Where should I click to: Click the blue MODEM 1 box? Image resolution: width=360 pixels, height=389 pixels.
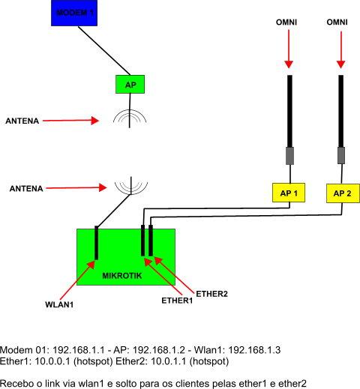pos(74,13)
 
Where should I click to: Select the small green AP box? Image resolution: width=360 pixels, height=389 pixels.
pos(130,85)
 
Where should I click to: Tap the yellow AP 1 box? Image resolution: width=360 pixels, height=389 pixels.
pos(289,193)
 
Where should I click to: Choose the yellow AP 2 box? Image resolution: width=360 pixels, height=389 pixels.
pos(343,193)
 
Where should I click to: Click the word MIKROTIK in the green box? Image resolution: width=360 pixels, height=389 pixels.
pos(122,276)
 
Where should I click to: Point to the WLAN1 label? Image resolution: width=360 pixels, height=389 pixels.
pos(59,304)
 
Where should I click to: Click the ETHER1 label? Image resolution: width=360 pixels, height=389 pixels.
pos(177,301)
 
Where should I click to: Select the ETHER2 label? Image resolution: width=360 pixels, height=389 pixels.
pos(211,294)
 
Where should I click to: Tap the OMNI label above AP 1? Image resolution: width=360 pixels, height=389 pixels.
pos(286,22)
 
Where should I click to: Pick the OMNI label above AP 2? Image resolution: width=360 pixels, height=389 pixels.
pos(337,22)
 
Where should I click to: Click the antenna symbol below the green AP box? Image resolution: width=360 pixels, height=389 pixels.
pos(129,118)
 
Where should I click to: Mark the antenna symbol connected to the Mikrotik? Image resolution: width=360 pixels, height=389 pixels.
pos(131,186)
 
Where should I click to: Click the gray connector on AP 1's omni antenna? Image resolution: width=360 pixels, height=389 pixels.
pos(289,156)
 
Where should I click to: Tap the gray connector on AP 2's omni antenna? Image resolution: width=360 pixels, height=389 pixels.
pos(341,155)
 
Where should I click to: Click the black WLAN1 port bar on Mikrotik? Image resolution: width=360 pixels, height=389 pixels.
pos(97,243)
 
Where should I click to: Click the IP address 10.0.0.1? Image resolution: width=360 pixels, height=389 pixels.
pos(52,361)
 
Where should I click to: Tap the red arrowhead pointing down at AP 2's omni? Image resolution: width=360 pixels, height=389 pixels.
pos(340,64)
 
